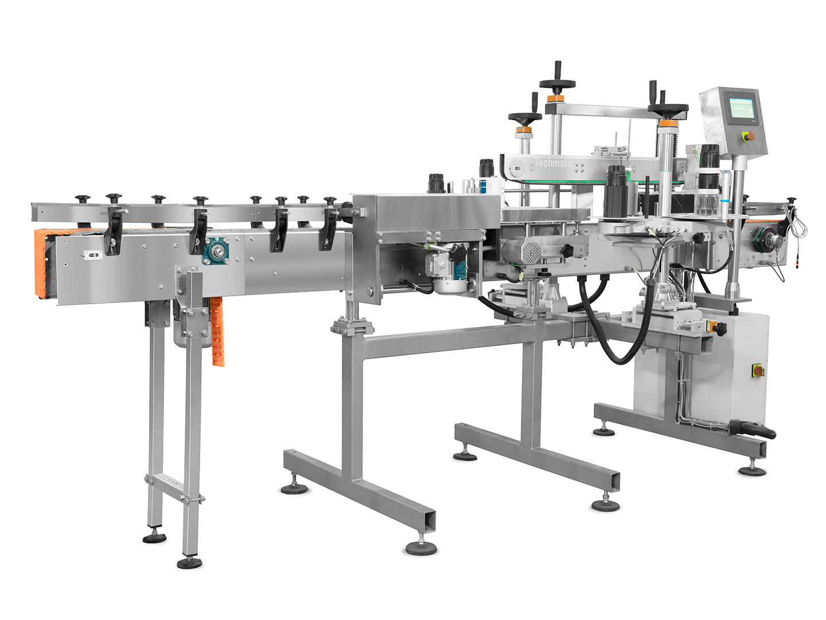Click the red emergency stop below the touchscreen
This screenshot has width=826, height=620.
748,137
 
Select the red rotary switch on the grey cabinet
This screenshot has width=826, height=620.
758,371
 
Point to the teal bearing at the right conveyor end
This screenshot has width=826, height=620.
765,239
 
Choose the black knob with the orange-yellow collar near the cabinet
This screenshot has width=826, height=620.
717,328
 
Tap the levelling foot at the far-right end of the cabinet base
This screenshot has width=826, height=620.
751,470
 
